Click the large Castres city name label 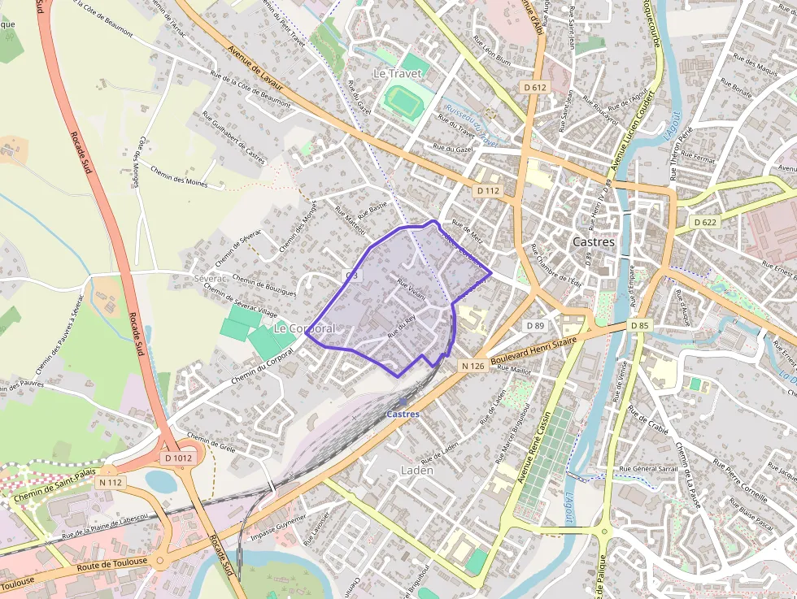(x=594, y=241)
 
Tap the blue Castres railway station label (x=403, y=415)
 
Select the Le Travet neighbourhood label (x=398, y=73)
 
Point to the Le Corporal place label (x=304, y=328)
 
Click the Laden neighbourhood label (x=417, y=471)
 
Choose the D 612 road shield (x=535, y=87)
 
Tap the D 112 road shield (x=488, y=190)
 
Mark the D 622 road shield (x=704, y=221)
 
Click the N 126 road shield (x=473, y=366)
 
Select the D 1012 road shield (x=178, y=458)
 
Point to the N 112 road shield (x=110, y=482)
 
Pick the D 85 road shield (x=639, y=326)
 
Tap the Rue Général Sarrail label (x=648, y=469)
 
